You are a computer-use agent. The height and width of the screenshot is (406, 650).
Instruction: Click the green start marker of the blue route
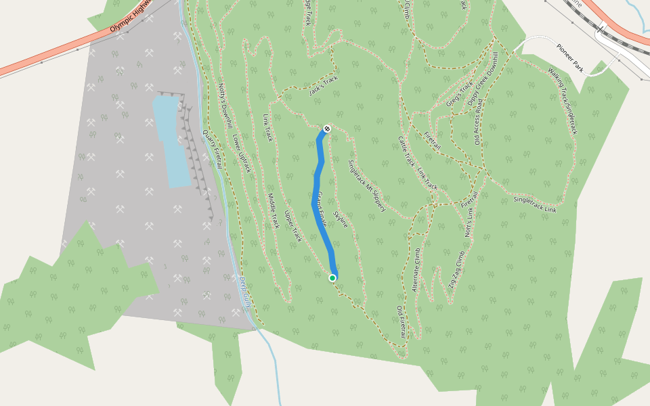click(x=332, y=277)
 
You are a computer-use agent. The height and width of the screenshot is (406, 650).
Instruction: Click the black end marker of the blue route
click(x=327, y=128)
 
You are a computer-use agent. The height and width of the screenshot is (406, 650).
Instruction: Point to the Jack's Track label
click(x=323, y=85)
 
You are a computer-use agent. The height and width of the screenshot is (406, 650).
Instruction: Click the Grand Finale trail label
click(x=322, y=209)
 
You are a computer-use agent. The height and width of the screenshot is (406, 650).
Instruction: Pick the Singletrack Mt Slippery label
click(x=366, y=186)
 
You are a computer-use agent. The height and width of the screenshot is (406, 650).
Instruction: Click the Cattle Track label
click(x=406, y=151)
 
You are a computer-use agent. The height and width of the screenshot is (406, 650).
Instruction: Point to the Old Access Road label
click(x=478, y=122)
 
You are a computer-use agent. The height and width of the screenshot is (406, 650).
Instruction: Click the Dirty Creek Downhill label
click(x=482, y=78)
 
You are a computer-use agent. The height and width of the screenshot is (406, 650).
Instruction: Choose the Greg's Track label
click(x=458, y=95)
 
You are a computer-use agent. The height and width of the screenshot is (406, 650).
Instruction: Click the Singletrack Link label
click(x=535, y=204)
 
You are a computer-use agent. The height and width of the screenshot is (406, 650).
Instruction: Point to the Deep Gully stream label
click(x=245, y=292)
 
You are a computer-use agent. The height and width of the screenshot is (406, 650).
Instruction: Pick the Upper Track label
click(x=292, y=227)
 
